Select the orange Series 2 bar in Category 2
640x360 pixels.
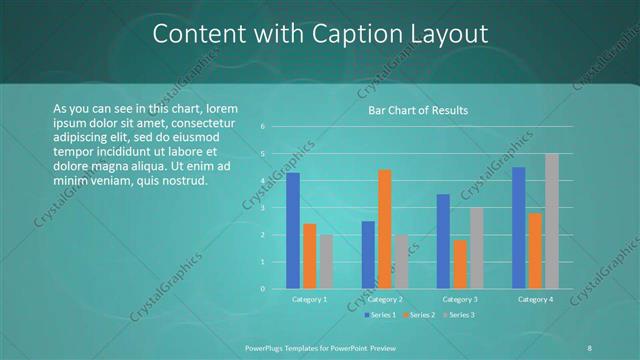384,229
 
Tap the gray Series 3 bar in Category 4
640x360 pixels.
551,221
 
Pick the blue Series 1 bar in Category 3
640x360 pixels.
443,241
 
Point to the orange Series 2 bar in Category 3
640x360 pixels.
460,264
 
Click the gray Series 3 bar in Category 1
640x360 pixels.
326,262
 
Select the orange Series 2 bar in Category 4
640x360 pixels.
535,251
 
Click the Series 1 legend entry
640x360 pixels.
381,315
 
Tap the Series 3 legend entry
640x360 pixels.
458,315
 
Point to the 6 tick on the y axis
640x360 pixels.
262,127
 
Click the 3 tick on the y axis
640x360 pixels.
262,208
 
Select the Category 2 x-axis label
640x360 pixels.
385,299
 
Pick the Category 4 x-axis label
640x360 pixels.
535,299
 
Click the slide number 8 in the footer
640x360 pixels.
588,346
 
